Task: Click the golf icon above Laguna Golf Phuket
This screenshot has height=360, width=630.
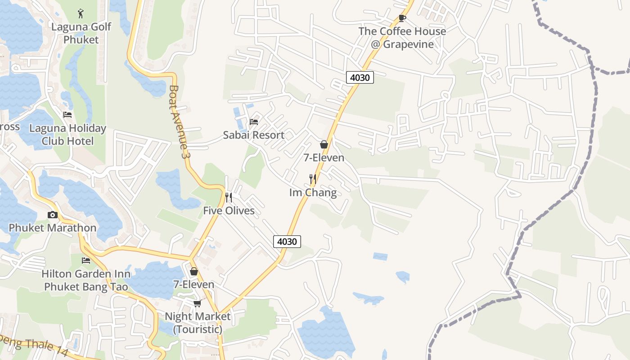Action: pos(81,13)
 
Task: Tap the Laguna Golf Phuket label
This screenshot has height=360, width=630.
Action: pos(81,33)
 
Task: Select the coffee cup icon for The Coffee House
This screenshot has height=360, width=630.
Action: pos(402,18)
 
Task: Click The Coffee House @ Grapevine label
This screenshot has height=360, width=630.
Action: pos(402,38)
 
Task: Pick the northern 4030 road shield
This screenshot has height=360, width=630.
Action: pos(360,77)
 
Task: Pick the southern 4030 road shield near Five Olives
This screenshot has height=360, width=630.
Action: pos(287,242)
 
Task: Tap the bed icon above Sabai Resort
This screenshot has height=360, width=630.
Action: pos(254,122)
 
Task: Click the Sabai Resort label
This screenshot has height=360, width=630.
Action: pos(254,135)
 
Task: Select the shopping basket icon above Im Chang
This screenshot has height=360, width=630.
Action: pos(324,144)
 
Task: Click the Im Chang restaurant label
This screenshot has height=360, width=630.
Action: pos(313,193)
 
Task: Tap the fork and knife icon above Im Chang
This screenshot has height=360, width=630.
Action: pos(313,179)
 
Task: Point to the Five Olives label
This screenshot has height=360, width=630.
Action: pos(229,211)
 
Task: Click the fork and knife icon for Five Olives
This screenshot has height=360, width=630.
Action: pos(229,197)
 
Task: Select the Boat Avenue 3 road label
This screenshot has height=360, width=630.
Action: pos(178,121)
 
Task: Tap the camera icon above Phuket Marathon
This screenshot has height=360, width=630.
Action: pos(53,215)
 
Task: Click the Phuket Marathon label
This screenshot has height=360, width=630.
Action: pos(53,228)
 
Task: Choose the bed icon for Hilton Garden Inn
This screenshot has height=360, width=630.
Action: pos(86,261)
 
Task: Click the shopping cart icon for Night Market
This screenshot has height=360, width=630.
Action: pos(197,304)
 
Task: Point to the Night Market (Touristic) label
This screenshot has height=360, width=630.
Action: pos(198,323)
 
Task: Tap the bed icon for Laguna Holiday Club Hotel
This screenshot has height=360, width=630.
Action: pos(67,115)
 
